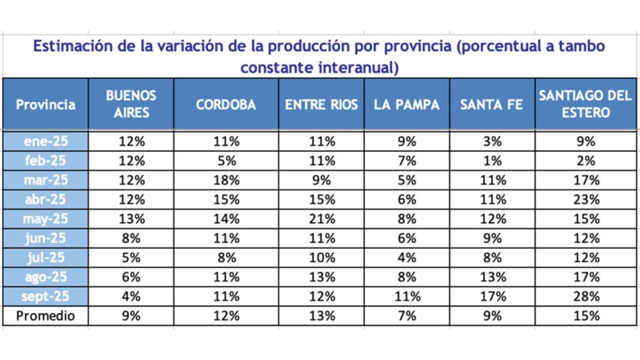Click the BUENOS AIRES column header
(131, 104)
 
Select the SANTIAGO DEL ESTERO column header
(585, 104)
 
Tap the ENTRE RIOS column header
(321, 105)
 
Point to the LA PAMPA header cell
(407, 105)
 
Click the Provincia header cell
(45, 105)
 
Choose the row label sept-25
(45, 297)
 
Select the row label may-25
(45, 219)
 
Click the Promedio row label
(45, 316)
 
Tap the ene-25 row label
(45, 141)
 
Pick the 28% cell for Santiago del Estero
(585, 297)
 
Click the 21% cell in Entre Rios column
(321, 219)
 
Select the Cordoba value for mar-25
(226, 180)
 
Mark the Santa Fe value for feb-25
(492, 161)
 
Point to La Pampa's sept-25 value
(407, 297)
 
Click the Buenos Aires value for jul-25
(131, 258)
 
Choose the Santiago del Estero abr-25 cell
(585, 199)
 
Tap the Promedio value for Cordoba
(226, 316)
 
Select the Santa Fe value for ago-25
(492, 277)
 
